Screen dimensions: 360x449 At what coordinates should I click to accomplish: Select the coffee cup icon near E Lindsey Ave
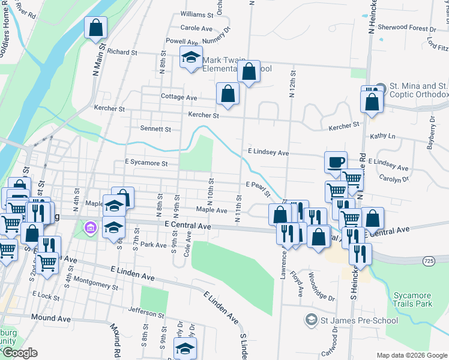tap(336, 161)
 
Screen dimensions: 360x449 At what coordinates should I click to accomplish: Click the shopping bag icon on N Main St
tap(95, 27)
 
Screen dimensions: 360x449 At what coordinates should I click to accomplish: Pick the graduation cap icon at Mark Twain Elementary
tap(191, 58)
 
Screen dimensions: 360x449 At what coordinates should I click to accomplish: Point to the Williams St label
tap(197, 14)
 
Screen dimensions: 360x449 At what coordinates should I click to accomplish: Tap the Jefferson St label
tap(146, 314)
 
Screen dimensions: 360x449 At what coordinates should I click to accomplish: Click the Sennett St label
tap(155, 128)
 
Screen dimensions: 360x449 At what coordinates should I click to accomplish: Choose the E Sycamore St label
tap(150, 163)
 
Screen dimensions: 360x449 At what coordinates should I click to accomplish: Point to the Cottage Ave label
tap(179, 97)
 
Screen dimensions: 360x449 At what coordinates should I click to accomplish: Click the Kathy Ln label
tap(383, 136)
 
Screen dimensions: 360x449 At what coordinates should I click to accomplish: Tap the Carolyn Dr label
tap(394, 178)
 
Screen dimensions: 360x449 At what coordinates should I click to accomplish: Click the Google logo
tap(20, 353)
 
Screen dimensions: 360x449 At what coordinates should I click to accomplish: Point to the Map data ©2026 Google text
tap(411, 355)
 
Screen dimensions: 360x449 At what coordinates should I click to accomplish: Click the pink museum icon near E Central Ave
tap(91, 227)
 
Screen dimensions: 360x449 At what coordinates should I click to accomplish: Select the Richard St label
tap(123, 52)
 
